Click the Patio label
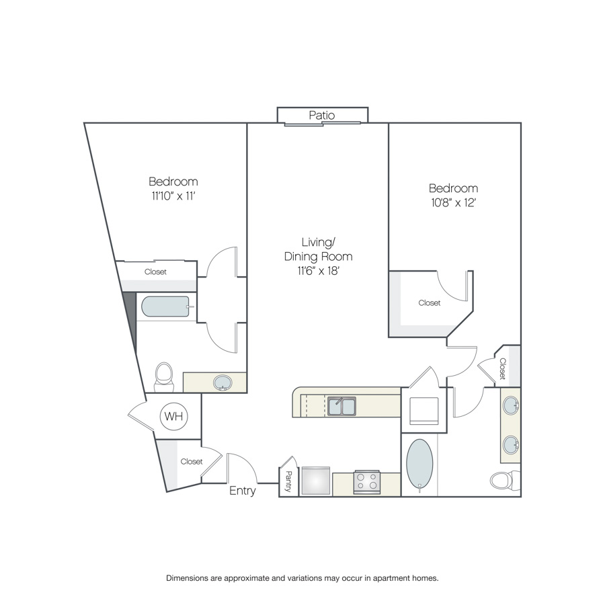[x=322, y=115]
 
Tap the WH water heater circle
[x=173, y=416]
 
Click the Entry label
[x=242, y=491]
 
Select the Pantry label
[x=288, y=481]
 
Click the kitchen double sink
[x=341, y=406]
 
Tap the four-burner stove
[x=367, y=481]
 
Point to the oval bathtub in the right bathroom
[x=419, y=464]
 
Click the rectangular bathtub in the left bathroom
[x=165, y=307]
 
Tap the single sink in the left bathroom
[x=223, y=382]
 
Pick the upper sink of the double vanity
[x=510, y=405]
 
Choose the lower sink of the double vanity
[x=510, y=445]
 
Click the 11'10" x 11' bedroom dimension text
[x=173, y=196]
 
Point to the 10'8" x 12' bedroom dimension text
[x=453, y=202]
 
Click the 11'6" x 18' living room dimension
[x=318, y=271]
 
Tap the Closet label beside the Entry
[x=192, y=461]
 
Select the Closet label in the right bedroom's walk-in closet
[x=430, y=303]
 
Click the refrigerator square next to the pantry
[x=316, y=481]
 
